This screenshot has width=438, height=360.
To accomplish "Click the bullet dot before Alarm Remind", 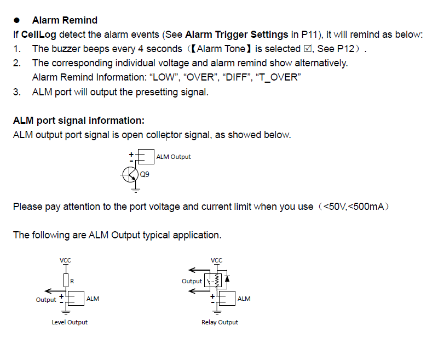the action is coord(17,20).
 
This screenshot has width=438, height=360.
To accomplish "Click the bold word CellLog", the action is coord(38,35).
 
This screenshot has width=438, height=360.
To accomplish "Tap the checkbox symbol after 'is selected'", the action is coord(308,49).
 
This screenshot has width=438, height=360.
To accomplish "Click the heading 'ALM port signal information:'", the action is coord(79,121).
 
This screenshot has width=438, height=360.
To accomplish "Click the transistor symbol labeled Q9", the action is coord(130,175).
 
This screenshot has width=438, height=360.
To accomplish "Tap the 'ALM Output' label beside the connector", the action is coord(174,157).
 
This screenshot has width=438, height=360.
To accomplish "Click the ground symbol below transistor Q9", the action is coord(135,190).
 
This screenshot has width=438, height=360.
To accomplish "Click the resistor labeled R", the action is coord(66,281).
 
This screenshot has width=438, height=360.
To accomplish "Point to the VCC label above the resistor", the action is coord(65,260).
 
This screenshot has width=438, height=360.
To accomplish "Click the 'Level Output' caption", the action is coord(70,322).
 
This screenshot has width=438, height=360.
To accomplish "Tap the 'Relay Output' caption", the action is coord(220,322).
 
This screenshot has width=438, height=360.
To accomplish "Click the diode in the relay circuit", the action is coord(227,279).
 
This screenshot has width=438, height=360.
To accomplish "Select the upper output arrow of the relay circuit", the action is coord(199,270).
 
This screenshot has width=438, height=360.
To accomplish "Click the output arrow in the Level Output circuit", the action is coord(55,291).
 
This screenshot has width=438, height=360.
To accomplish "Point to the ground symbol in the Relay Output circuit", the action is coord(217,312).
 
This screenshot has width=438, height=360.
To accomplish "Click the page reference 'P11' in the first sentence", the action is coord(309,35).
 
